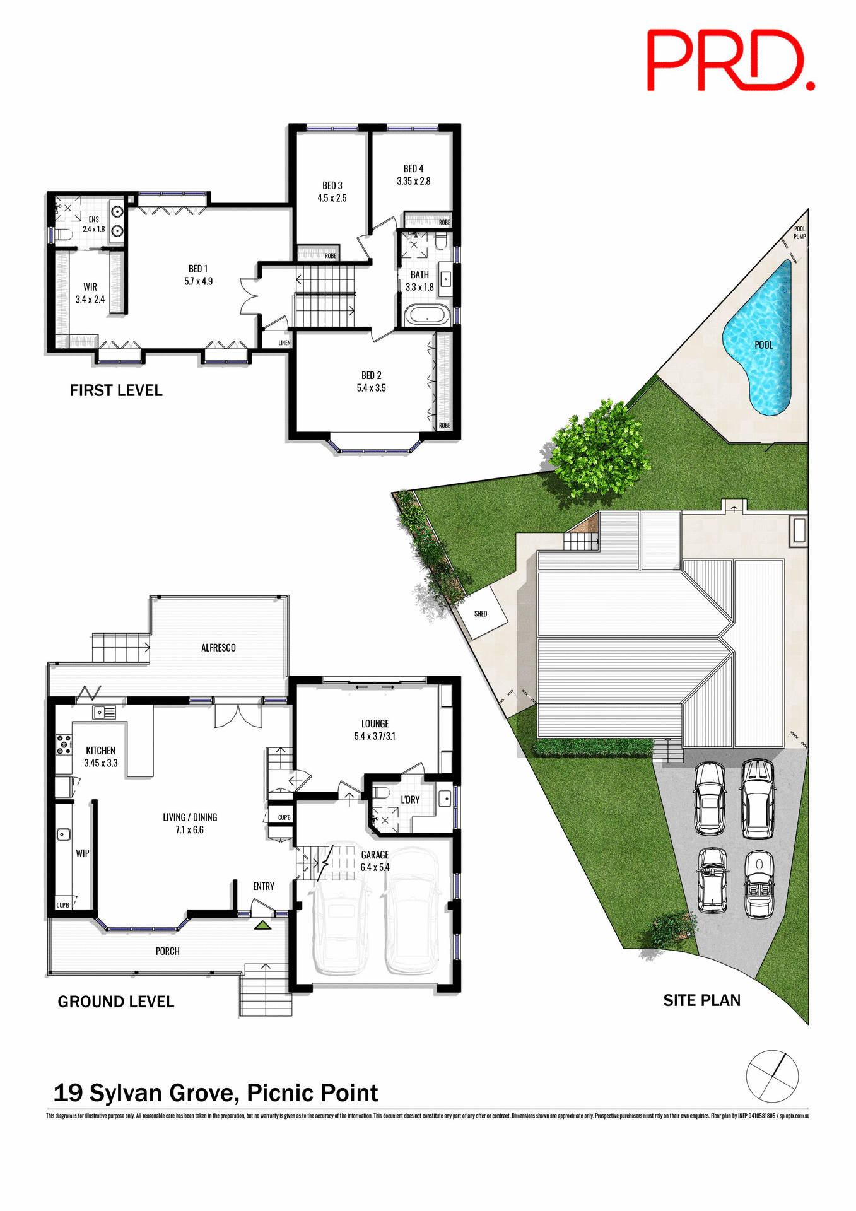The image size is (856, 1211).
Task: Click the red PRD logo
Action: tap(730, 61)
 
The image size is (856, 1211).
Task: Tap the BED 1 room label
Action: tap(198, 269)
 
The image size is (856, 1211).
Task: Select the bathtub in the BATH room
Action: tap(427, 315)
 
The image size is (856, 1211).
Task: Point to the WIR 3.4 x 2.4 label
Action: tap(90, 293)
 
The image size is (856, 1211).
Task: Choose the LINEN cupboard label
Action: tap(284, 343)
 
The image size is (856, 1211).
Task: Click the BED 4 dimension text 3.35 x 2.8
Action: tap(414, 181)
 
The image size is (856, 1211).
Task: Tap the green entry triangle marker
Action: tap(262, 925)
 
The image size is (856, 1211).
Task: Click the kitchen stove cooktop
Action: tap(63, 744)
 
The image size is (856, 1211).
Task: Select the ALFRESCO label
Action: tap(218, 648)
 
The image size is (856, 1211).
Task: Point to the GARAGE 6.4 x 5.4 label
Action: tap(375, 861)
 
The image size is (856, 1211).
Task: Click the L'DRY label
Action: tap(410, 800)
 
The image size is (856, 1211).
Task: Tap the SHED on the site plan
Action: tap(481, 613)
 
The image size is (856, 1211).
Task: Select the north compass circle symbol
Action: tap(772, 1077)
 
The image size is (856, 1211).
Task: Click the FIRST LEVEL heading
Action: tap(116, 391)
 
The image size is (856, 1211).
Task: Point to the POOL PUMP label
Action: tap(799, 233)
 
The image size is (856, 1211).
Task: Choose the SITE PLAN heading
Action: tap(701, 1001)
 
